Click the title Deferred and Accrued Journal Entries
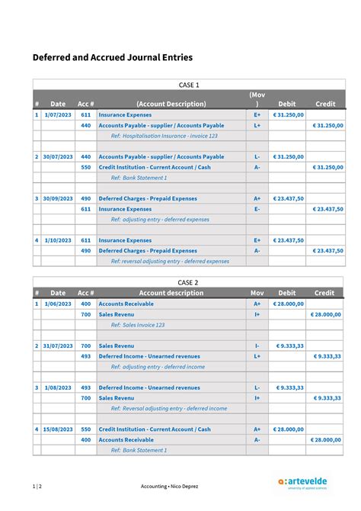pyautogui.click(x=112, y=57)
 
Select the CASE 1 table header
pyautogui.click(x=188, y=85)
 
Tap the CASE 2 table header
pyautogui.click(x=188, y=282)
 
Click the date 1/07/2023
pyautogui.click(x=58, y=114)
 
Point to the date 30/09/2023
pyautogui.click(x=58, y=198)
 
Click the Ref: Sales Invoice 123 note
pyautogui.click(x=137, y=325)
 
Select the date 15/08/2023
pyautogui.click(x=58, y=429)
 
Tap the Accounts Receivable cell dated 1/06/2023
pyautogui.click(x=126, y=304)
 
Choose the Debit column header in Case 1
pyautogui.click(x=287, y=104)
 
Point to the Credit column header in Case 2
pyautogui.click(x=324, y=293)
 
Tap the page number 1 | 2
pyautogui.click(x=37, y=486)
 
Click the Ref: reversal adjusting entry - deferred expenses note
pyautogui.click(x=170, y=261)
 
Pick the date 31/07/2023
pyautogui.click(x=58, y=345)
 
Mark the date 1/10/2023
pyautogui.click(x=58, y=240)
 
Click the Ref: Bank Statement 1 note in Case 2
pyautogui.click(x=139, y=450)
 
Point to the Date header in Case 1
pyautogui.click(x=58, y=104)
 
